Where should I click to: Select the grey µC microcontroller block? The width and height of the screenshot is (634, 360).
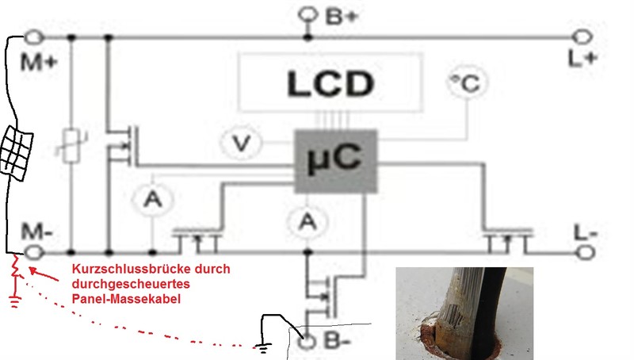(334, 159)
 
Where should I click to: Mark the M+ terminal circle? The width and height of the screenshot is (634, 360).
(34, 36)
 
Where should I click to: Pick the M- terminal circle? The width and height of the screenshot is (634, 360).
(34, 252)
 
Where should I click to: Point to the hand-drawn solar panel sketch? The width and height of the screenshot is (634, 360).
(18, 151)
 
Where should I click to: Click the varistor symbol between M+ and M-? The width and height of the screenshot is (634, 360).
(71, 147)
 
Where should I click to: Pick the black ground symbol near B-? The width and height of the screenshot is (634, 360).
(262, 345)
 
